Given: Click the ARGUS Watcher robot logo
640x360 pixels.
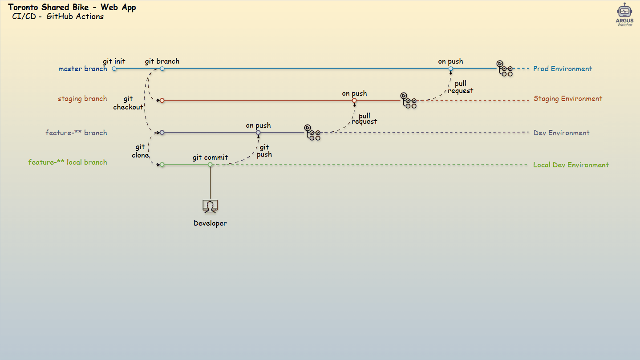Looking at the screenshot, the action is coord(624,15).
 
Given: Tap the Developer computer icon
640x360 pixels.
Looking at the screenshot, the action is coord(210,206).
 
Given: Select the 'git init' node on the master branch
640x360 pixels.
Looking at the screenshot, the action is coord(114,69).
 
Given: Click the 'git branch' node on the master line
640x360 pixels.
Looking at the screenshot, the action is coord(162,69).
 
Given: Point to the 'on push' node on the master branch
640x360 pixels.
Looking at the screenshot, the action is coord(450,69).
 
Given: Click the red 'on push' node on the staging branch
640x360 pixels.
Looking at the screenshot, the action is coord(354,101).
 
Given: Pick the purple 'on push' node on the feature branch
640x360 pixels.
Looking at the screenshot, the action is coord(258,133).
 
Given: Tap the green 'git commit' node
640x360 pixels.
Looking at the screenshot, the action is coord(210,165).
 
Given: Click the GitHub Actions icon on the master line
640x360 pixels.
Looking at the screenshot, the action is coord(505,69).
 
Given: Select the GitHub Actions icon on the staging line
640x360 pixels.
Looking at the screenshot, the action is coord(409,101).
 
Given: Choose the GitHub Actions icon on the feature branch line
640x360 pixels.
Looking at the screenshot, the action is coord(312,133).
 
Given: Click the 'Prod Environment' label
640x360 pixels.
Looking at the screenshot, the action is coord(563,69).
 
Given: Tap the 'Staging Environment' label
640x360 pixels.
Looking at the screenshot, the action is coord(568,99).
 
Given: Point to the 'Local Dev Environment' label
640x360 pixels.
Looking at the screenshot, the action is coord(571,165).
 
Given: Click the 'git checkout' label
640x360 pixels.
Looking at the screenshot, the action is coord(128,103).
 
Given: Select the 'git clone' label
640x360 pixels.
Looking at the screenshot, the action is coord(140,151).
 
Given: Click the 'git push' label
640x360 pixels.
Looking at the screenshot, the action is coord(264,151).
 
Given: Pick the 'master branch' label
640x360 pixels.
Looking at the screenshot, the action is coord(83,69).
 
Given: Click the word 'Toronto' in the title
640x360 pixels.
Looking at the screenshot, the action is coord(23,7).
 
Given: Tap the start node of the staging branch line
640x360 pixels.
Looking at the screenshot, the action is coord(162,101).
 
